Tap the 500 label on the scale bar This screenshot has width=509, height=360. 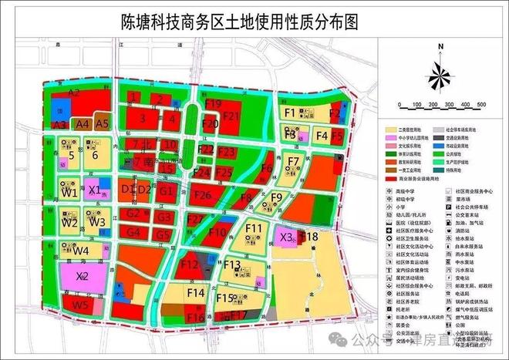point(480,103)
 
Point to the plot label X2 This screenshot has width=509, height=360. point(83,275)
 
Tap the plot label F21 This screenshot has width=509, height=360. point(231,116)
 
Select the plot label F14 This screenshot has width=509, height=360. point(195,293)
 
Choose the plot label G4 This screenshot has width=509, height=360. point(133,232)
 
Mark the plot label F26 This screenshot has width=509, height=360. point(202,195)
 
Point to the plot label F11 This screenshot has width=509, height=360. point(254,228)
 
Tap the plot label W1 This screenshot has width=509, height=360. point(69,192)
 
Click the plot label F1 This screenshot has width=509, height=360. point(290,113)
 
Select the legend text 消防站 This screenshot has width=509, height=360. point(466,230)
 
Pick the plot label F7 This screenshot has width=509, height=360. point(293,161)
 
